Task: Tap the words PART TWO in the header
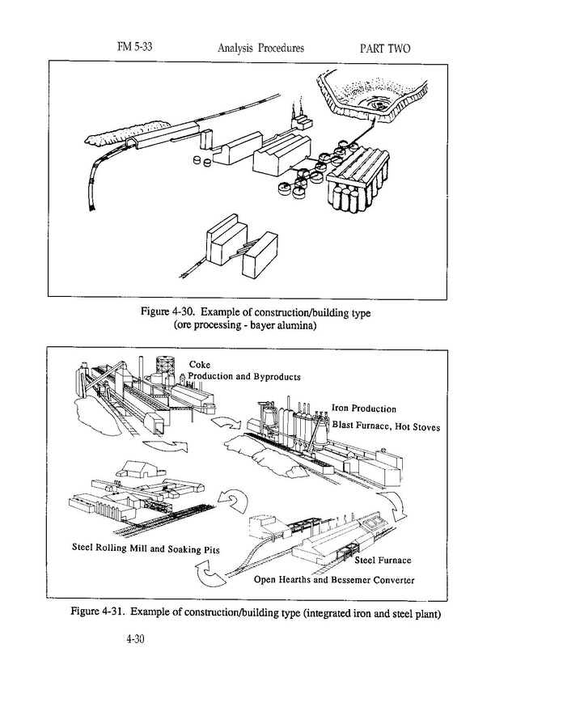point(384,49)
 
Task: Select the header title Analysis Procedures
point(260,49)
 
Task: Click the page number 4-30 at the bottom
point(135,639)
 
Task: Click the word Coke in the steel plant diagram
point(199,365)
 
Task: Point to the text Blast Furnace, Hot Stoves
point(387,425)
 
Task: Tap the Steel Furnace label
point(383,561)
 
